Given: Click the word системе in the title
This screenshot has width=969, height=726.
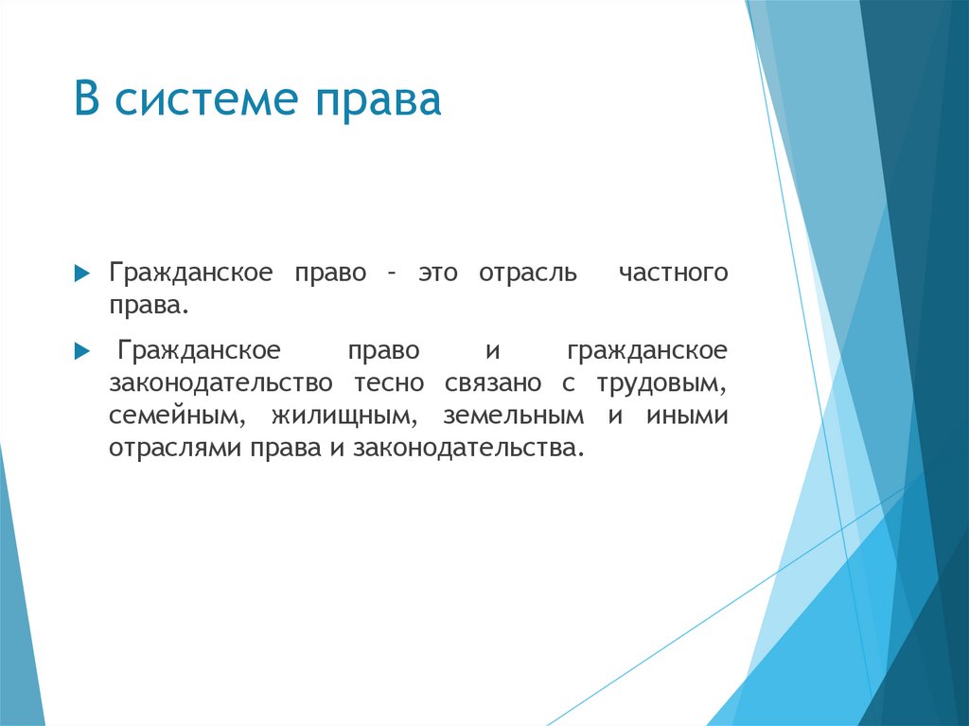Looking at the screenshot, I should (x=207, y=101).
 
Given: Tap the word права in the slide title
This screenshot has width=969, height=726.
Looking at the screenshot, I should (x=384, y=101).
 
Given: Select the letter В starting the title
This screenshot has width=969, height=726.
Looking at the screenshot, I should (x=87, y=101).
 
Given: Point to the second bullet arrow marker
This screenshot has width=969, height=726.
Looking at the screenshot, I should (x=81, y=351).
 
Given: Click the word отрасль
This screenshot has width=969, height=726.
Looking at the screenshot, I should (x=527, y=274).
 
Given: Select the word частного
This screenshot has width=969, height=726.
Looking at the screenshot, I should (x=673, y=274).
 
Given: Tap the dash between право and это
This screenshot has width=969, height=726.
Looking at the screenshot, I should (x=390, y=274).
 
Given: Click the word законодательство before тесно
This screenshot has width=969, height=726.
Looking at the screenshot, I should (x=220, y=383).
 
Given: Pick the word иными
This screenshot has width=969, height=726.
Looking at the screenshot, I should (x=687, y=416).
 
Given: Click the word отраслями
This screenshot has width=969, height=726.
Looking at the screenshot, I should (x=176, y=448).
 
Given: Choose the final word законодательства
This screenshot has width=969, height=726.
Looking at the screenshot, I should (x=464, y=448).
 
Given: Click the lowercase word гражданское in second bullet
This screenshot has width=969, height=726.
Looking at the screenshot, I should (x=647, y=351).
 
